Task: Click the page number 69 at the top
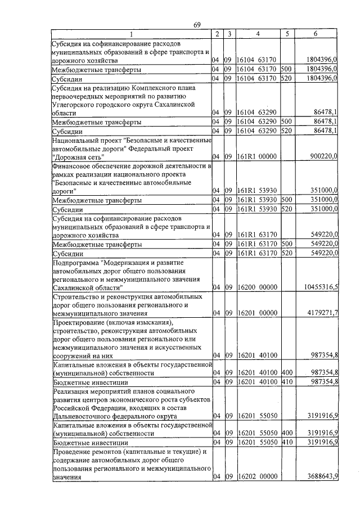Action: click(197, 24)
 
